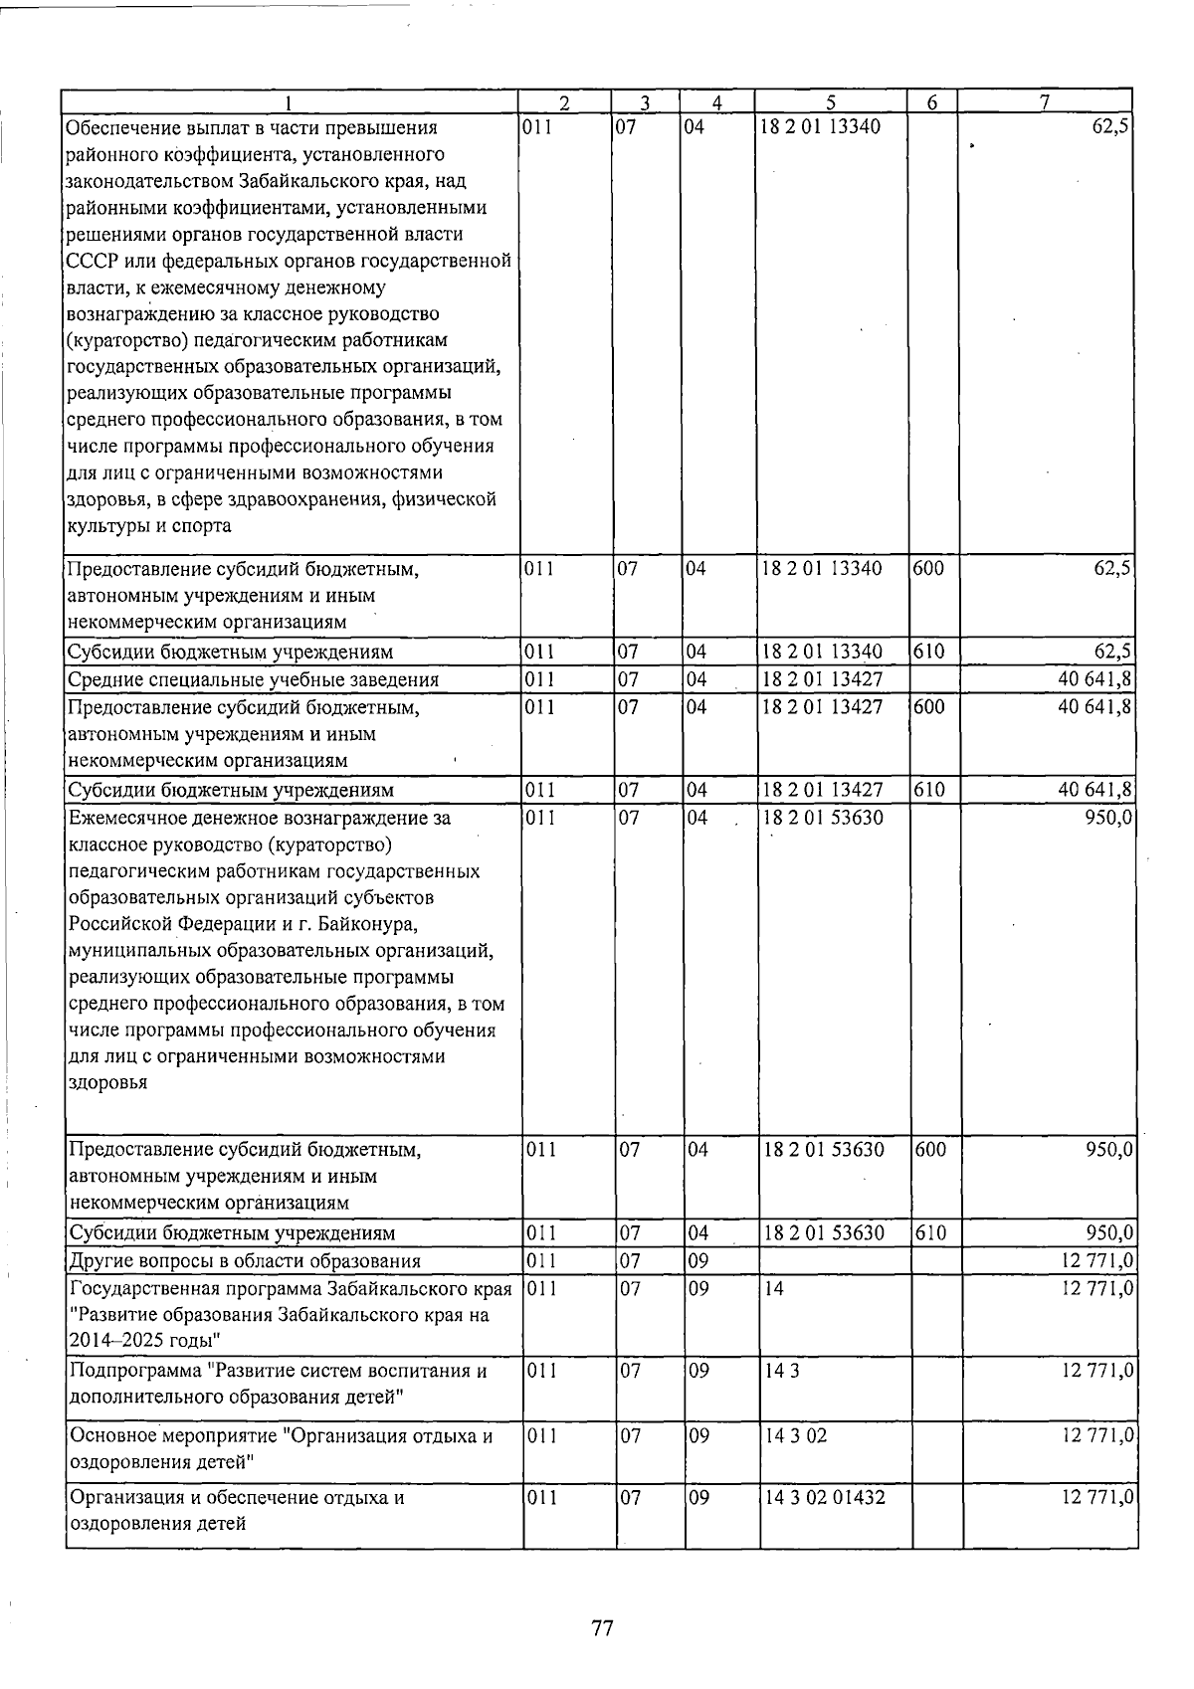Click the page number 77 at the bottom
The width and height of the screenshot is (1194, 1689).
pos(602,1627)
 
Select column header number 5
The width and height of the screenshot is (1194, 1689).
pos(830,101)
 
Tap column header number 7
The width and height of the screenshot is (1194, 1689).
pos(1045,101)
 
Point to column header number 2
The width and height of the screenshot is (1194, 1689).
pos(564,101)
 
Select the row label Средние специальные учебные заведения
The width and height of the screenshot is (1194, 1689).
pos(253,680)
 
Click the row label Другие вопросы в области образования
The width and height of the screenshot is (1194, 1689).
pos(245,1261)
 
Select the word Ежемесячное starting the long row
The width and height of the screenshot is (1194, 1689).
pos(126,819)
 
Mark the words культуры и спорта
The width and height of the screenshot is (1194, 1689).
pos(148,526)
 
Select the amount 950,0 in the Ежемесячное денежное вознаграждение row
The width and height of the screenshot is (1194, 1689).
pos(1106,819)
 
